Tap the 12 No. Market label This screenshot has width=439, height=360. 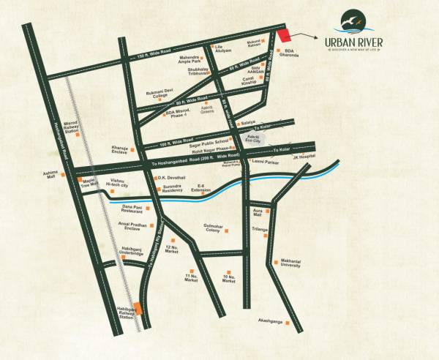(172, 250)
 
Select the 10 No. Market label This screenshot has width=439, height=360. (229, 279)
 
